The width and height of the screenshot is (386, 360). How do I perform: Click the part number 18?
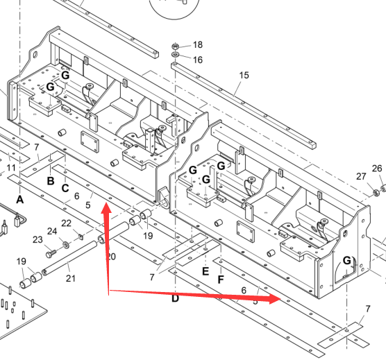click(x=198, y=45)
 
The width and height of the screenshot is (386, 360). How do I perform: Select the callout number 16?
click(x=198, y=60)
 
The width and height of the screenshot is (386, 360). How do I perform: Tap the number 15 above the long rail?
click(x=244, y=75)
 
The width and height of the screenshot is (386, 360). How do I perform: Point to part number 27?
click(x=361, y=176)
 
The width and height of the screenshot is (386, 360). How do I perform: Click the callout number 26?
click(x=377, y=169)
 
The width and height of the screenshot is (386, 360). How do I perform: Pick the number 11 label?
click(x=11, y=168)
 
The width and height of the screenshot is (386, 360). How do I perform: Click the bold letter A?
click(x=20, y=200)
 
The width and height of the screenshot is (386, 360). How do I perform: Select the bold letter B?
click(x=51, y=181)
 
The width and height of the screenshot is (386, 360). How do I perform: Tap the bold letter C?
click(x=65, y=189)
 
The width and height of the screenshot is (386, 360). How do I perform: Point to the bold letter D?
click(x=175, y=299)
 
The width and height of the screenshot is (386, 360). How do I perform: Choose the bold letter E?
click(x=205, y=271)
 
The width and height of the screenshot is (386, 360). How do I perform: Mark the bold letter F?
click(x=221, y=280)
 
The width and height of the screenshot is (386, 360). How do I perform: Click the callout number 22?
click(x=66, y=223)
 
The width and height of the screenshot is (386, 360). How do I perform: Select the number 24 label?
click(x=52, y=232)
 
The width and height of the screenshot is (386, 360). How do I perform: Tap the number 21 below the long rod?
click(x=70, y=278)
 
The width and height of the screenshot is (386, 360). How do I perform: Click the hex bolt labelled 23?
click(x=51, y=253)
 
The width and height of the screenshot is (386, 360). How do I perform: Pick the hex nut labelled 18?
click(x=175, y=46)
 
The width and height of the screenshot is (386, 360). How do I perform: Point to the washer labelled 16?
click(x=175, y=54)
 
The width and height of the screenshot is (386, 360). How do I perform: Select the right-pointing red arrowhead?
click(x=275, y=299)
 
